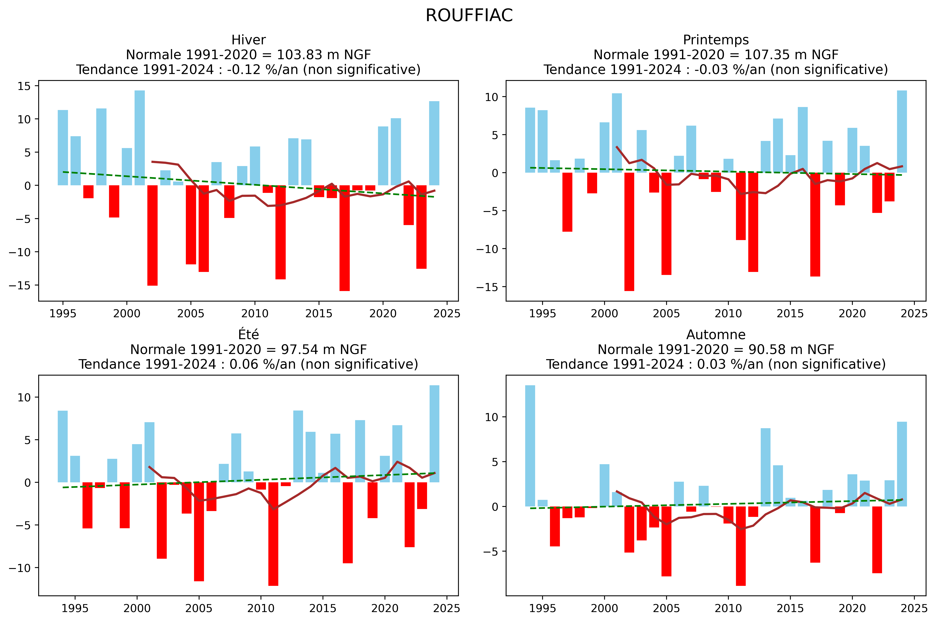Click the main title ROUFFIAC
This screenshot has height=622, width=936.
(469, 16)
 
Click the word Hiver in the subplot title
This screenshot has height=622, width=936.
(249, 40)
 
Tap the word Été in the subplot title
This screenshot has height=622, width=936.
(249, 335)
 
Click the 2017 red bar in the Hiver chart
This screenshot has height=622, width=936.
(345, 238)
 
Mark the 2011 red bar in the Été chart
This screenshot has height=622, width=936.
(273, 534)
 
